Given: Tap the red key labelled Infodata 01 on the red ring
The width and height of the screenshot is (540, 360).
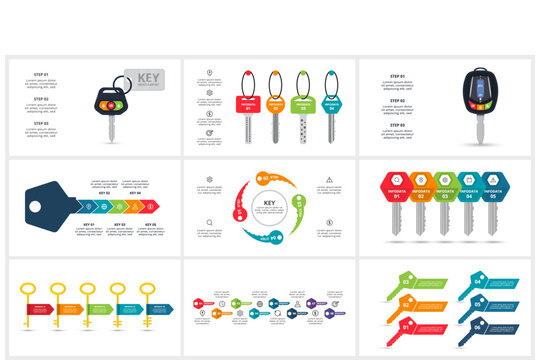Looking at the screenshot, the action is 246,103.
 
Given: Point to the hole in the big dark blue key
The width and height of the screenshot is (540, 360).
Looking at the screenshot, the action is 37,208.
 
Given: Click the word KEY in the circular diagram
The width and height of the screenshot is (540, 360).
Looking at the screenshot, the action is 269,204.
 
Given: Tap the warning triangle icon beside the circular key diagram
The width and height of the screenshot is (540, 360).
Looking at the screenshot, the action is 329,180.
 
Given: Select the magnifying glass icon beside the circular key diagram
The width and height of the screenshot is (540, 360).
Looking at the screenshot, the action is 209,222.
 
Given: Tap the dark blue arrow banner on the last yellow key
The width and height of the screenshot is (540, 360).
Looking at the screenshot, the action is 158,308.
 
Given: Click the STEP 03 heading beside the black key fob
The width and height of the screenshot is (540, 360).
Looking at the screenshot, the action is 397,124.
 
